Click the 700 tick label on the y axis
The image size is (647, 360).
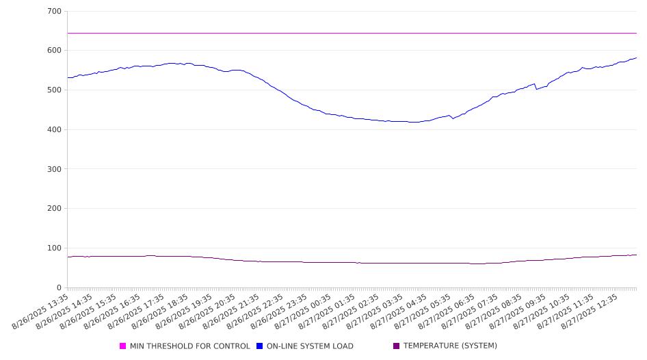pos(55,11)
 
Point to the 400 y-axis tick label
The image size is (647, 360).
pos(55,129)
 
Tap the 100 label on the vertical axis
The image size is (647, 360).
pos(55,248)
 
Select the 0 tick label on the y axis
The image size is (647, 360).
pos(59,287)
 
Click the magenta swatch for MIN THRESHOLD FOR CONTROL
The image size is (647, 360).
pos(122,346)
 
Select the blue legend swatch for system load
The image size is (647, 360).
pos(259,346)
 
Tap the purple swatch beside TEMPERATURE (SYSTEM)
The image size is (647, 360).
pos(397,346)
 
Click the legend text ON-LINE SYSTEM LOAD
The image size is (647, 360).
pos(310,346)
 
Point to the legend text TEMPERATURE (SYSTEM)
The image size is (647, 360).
pos(450,346)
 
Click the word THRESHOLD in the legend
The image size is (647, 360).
pos(168,346)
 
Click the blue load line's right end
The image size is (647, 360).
pos(637,57)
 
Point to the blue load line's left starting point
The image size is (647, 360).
pos(68,77)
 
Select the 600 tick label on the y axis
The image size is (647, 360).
pos(55,51)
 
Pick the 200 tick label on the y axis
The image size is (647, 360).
pos(55,209)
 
